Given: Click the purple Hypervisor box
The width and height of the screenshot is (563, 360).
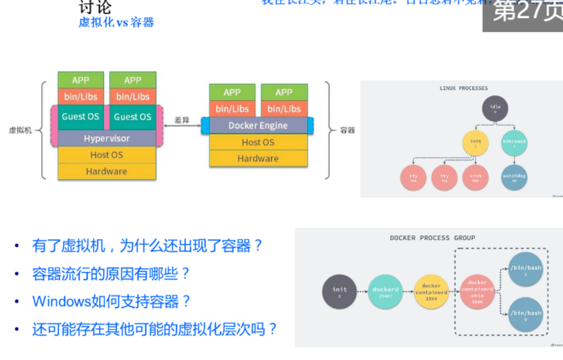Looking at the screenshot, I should (x=107, y=138).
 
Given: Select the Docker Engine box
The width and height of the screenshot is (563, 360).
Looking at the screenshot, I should (x=258, y=125).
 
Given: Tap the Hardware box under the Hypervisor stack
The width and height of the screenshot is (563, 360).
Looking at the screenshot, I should (x=107, y=171).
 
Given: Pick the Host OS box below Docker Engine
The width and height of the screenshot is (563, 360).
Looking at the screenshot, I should (x=258, y=142).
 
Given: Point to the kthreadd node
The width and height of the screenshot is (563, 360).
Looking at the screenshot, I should (x=514, y=143).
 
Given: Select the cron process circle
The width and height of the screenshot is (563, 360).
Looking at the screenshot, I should (x=475, y=178).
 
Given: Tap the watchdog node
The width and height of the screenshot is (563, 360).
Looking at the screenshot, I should (x=514, y=178).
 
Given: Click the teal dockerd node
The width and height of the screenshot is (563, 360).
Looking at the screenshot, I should (x=385, y=292).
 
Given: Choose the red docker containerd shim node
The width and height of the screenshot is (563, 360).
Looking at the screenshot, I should (x=478, y=292).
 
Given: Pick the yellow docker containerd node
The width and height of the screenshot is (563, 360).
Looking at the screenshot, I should (x=431, y=292).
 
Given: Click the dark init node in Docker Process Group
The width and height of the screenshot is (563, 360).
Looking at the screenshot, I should (x=339, y=292).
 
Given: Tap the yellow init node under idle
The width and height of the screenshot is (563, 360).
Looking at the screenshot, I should (x=475, y=143).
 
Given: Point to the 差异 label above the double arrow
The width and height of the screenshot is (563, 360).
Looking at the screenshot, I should (x=182, y=120).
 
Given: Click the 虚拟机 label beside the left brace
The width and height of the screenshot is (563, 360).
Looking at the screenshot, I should (x=21, y=130).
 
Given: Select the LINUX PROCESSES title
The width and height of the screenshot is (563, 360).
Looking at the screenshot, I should (x=464, y=88).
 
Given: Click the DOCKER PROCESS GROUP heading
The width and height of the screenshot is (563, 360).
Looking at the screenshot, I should (x=432, y=238).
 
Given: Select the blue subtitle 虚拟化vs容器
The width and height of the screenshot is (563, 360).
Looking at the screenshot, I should (x=116, y=22).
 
